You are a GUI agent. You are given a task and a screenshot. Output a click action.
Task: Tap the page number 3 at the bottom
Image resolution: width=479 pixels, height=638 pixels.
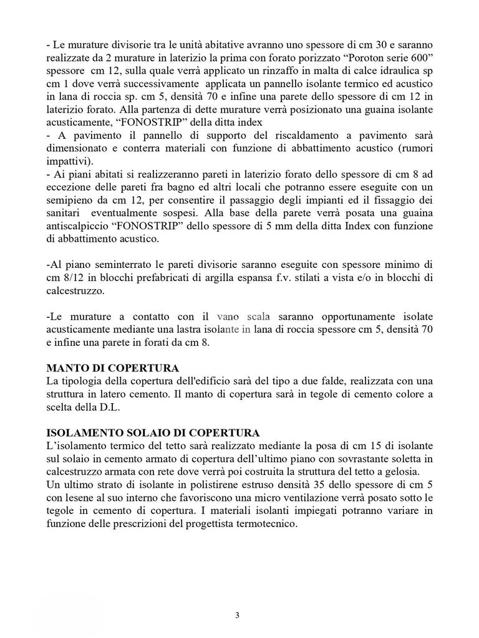(x=238, y=616)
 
